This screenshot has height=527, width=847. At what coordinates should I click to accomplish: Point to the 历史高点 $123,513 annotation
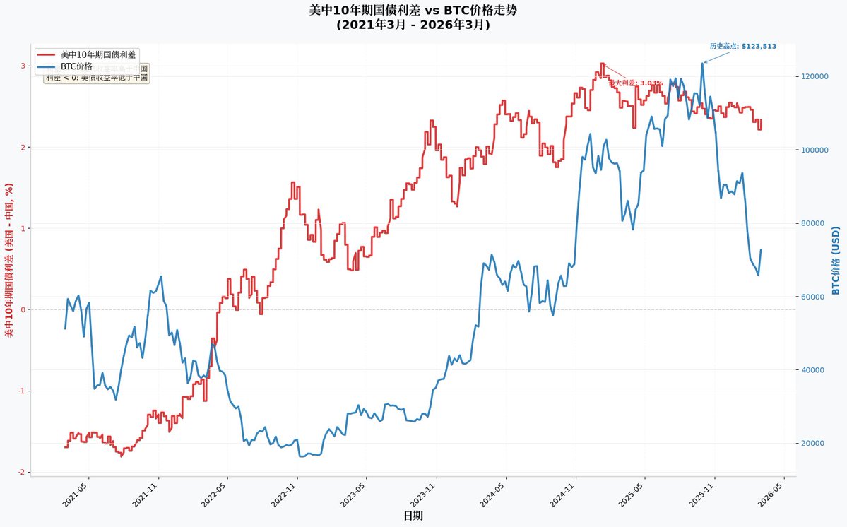[x=742, y=46]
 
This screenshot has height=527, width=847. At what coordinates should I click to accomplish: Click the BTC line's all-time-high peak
[x=702, y=63]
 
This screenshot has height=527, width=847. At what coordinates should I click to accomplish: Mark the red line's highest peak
[x=602, y=64]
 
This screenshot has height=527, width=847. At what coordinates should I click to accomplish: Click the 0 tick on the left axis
[x=23, y=309]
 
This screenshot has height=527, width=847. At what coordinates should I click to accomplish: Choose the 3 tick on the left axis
[x=23, y=66]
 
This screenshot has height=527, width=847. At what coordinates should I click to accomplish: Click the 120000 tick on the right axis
[x=814, y=76]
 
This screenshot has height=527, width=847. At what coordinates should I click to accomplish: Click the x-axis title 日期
[x=413, y=516]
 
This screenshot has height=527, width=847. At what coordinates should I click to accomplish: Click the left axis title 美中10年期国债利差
[x=9, y=261]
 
